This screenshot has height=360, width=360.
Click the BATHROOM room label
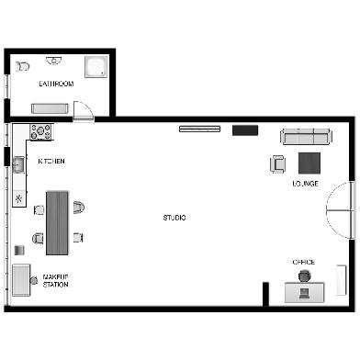coord(56,84)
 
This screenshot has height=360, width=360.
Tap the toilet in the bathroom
coord(23,66)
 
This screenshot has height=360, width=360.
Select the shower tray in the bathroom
coord(96,66)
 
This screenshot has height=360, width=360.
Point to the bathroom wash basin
coord(54,61)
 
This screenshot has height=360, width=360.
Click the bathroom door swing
coord(84,109)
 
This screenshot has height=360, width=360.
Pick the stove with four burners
coord(40,131)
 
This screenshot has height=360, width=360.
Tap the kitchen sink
coord(18,164)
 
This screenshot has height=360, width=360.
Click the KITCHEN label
coord(51,161)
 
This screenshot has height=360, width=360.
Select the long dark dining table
coord(57,222)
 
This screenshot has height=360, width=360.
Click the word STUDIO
coord(174,218)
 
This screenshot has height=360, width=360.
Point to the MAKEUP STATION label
coord(55,281)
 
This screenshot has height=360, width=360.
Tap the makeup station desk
coord(21,280)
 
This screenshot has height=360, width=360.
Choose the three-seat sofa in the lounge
coord(306,137)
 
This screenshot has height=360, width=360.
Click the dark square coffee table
coord(309,163)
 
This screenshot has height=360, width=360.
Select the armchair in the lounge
coord(278,164)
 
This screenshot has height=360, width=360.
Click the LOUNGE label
coord(305,184)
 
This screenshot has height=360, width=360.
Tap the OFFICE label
coord(304,263)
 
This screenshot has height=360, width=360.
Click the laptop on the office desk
coord(305,294)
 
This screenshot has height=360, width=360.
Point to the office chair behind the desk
coord(305,276)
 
